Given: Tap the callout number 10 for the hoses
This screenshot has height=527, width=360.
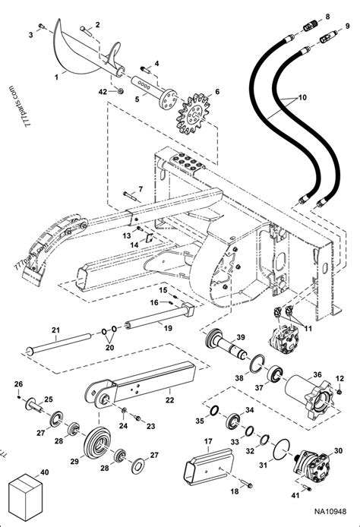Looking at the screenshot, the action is click(302, 97).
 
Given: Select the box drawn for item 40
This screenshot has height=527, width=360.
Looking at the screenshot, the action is click(25, 497).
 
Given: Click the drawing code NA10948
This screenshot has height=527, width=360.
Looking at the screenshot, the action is click(330, 512).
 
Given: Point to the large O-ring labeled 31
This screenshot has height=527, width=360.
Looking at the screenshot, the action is click(282, 450).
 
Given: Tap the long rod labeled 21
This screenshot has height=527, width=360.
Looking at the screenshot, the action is click(60, 343).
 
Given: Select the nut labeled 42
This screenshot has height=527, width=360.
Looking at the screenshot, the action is click(120, 91).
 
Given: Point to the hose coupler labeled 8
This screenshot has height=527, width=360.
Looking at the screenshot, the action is click(311, 26).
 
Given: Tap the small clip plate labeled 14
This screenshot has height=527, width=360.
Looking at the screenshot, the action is click(150, 237).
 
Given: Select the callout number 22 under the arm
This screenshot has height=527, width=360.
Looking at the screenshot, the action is click(170, 400).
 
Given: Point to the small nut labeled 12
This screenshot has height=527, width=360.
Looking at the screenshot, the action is click(339, 392).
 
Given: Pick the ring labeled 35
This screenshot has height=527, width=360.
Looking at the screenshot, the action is click(214, 410).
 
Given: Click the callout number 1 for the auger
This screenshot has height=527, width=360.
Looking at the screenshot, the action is click(56, 77).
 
